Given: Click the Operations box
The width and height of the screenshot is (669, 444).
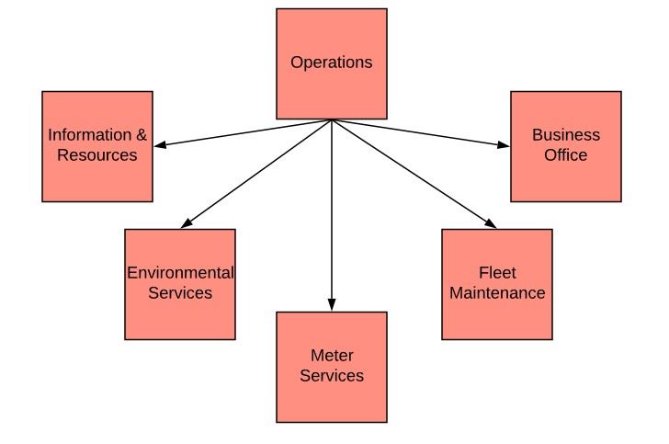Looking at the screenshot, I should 332,63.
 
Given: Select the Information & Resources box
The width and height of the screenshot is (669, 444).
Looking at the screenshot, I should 97,146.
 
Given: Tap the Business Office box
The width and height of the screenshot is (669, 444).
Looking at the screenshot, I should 565,146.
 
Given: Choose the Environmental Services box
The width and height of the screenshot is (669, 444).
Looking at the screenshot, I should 180,284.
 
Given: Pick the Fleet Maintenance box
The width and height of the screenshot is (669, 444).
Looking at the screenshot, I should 497,284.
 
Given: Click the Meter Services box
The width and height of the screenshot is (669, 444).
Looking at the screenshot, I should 332,367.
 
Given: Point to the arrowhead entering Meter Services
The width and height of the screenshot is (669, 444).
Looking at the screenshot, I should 332,306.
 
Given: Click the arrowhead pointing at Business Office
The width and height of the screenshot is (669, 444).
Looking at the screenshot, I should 504,144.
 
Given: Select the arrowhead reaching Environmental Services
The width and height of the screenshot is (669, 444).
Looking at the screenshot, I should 186,223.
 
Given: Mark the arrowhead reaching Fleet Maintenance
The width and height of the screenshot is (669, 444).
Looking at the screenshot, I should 491,223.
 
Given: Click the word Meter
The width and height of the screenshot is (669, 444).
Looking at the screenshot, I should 332,356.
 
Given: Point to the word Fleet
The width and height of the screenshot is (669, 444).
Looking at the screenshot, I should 497,273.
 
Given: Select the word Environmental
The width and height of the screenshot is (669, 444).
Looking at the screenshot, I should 180,273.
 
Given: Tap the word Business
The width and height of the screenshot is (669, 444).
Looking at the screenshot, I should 566,135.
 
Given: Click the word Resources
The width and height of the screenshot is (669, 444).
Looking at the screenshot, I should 97,155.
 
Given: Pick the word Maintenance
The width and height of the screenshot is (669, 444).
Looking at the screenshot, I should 497,293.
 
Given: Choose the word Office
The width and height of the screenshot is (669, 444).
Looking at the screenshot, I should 565,155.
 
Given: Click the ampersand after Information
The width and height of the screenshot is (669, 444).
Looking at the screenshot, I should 141,135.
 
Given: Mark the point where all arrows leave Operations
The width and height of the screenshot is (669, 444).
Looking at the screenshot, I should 332,120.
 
